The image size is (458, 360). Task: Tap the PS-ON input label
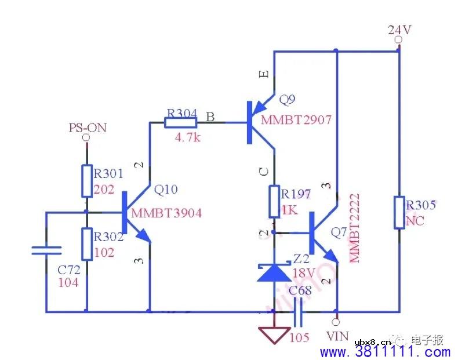(x=87, y=128)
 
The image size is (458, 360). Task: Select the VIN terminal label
(x=337, y=336)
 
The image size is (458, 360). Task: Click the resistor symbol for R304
(x=181, y=122)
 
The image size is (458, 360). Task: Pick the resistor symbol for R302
(x=86, y=243)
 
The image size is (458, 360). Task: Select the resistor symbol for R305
(x=399, y=212)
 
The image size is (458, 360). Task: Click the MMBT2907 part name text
(x=296, y=120)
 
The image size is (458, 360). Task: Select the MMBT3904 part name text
(x=166, y=213)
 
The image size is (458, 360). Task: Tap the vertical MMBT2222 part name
(x=355, y=228)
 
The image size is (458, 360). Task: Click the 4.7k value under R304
(x=188, y=137)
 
